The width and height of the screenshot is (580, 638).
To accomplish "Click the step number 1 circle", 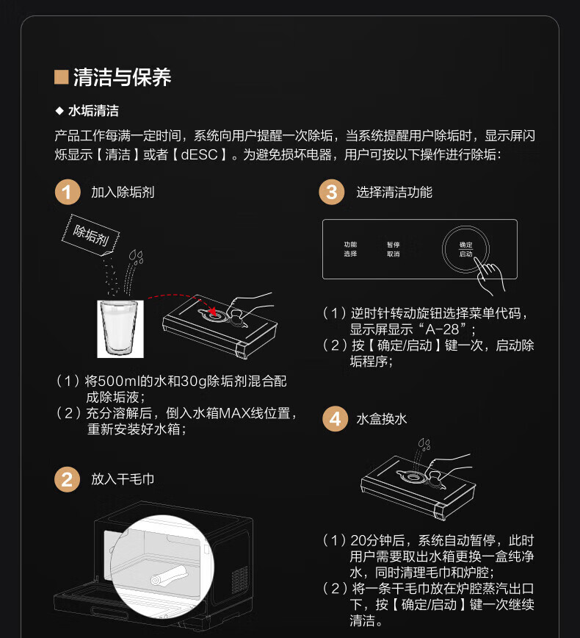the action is click(x=68, y=192).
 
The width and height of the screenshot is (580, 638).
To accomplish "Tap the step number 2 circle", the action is click(x=68, y=479).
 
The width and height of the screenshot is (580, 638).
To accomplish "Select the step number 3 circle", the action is click(x=332, y=192).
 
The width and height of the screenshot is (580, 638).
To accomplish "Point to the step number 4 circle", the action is click(x=335, y=419).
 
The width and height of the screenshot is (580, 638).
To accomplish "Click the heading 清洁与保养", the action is click(x=123, y=77).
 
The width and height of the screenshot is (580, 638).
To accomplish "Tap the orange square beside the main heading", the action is click(x=61, y=77).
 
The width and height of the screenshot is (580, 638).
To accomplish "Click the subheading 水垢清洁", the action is click(x=93, y=111).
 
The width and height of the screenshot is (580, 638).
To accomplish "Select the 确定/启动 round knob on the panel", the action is click(x=465, y=249).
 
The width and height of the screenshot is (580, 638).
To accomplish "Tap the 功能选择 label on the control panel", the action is click(x=350, y=249).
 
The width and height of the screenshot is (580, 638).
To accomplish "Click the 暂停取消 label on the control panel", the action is click(x=393, y=249).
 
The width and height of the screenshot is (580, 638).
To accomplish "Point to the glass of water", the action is click(x=120, y=329).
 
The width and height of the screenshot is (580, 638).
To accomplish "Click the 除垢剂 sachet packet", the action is click(x=90, y=234).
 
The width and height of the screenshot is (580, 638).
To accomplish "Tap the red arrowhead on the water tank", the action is click(x=212, y=312).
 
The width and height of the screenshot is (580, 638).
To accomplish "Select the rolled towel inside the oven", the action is click(x=169, y=576).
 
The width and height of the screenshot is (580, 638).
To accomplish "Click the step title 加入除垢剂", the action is click(x=123, y=192).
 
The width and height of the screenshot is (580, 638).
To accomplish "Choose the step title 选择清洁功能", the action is click(x=394, y=192).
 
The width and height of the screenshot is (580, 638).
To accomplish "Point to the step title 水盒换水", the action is click(x=382, y=419).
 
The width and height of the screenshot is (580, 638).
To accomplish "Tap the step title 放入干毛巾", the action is click(x=123, y=479).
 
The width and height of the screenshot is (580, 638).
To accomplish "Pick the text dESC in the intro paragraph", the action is click(x=199, y=154).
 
